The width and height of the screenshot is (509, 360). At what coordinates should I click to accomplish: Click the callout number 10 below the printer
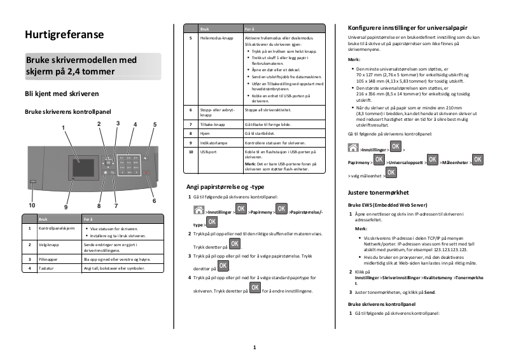point(31,205)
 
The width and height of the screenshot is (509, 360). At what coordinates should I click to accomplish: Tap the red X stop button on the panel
point(147,173)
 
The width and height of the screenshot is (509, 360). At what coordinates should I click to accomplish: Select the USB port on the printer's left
point(33,182)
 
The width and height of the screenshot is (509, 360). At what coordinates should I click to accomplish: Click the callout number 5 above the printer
point(155,125)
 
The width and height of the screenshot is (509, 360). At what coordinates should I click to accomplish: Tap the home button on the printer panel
point(105,172)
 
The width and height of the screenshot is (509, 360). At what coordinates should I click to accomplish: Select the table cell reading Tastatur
point(48,268)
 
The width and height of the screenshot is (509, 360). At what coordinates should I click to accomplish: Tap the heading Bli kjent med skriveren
point(61,93)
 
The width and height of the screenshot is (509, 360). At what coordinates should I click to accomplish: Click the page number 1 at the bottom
point(254,347)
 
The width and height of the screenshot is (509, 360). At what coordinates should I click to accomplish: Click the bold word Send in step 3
point(429,292)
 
